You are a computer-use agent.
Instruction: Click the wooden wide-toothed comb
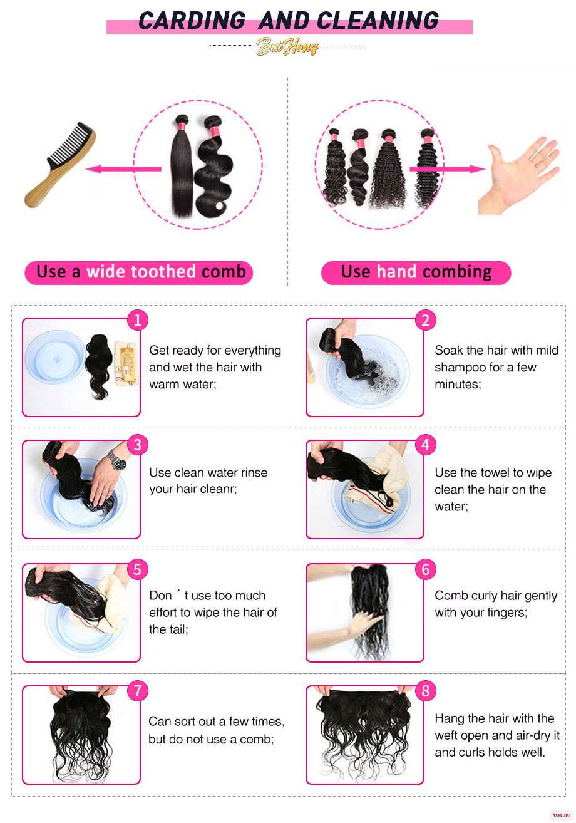59,165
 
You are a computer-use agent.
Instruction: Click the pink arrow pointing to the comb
123,169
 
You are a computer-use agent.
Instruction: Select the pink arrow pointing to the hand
447,169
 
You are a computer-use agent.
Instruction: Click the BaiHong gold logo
287,46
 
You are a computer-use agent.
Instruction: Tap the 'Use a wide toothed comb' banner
139,272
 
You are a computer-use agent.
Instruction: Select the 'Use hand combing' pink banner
416,272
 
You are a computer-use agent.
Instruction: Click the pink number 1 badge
137,320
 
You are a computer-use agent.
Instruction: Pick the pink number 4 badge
425,445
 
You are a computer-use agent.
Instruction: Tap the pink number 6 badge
425,569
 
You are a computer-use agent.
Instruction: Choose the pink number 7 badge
137,690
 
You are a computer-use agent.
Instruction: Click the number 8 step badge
425,690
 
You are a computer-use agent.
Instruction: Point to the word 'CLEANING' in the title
378,20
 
